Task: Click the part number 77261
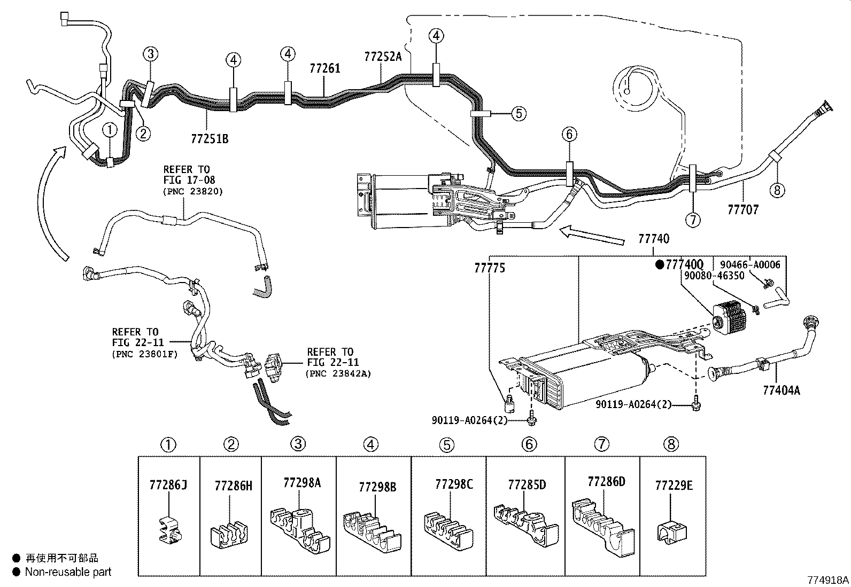tap(325, 68)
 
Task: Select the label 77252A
tap(383, 57)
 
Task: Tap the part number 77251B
tap(210, 139)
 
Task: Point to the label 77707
tap(743, 209)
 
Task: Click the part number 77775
tap(490, 268)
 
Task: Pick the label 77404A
tap(782, 390)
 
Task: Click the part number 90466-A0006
tap(750, 265)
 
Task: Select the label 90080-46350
tap(714, 276)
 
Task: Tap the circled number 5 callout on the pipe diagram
tap(519, 114)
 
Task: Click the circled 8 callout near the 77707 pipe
tap(777, 190)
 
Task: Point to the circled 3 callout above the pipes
tap(151, 54)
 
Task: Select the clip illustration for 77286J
tap(169, 529)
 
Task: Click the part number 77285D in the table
tap(527, 485)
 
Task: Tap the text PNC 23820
tap(192, 191)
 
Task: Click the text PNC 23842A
tap(338, 373)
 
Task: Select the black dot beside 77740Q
tap(660, 264)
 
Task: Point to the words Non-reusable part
tap(68, 572)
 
